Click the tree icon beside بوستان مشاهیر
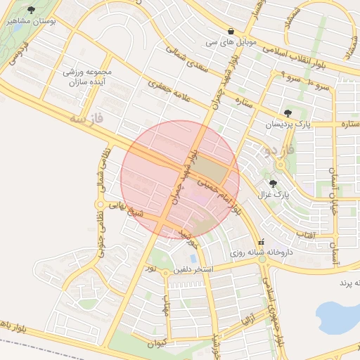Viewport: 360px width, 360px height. [32, 10]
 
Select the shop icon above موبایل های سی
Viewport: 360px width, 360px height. [231, 31]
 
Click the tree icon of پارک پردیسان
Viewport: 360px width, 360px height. [288, 112]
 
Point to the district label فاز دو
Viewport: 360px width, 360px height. [279, 149]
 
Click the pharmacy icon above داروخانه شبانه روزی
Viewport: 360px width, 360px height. [262, 240]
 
